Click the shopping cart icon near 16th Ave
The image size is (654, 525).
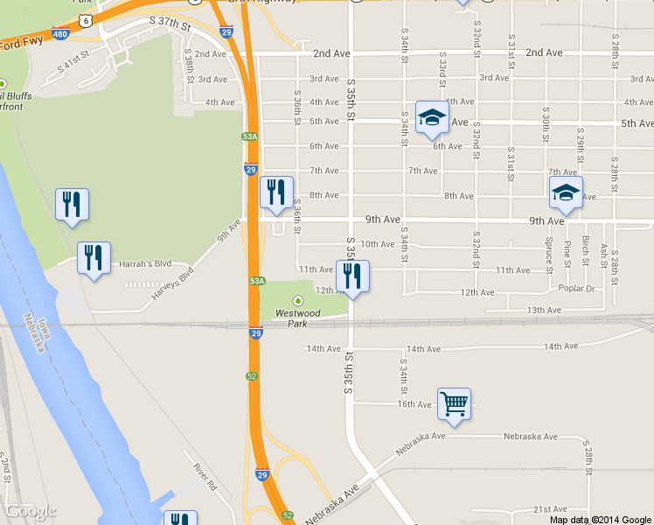454,403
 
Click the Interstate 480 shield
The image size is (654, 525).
59,34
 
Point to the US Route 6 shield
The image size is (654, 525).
83,18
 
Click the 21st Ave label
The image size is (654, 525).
551,509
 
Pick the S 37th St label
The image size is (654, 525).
170,20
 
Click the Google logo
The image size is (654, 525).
31,511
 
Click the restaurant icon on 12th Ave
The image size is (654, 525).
352,276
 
